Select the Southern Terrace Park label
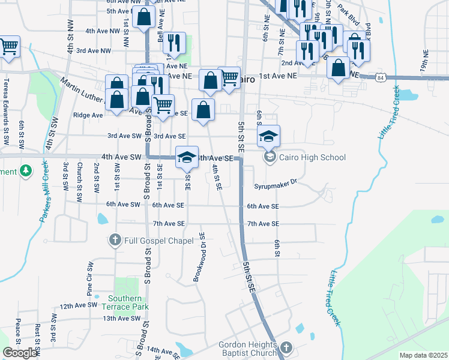(x=125, y=303)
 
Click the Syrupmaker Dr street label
(x=276, y=186)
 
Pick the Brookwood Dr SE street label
(x=199, y=257)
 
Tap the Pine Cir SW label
(x=90, y=280)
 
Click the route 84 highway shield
(x=380, y=77)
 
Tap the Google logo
(x=20, y=353)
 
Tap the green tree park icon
(x=25, y=172)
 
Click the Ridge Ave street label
(x=88, y=115)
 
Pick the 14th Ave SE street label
(x=163, y=350)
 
